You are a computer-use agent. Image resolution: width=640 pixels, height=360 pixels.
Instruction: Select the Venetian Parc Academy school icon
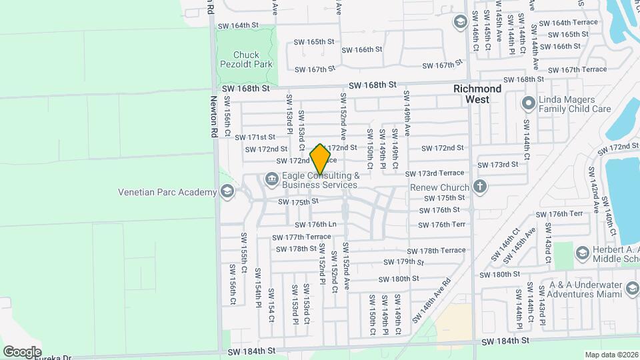pyautogui.click(x=227, y=193)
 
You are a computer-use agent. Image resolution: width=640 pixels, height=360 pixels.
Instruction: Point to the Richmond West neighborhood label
pyautogui.click(x=477, y=94)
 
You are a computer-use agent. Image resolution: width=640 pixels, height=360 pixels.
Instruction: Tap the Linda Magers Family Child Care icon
pyautogui.click(x=529, y=103)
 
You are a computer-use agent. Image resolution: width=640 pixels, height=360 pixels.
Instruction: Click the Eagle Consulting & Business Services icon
pyautogui.click(x=271, y=178)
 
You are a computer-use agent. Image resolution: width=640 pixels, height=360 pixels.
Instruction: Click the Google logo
pyautogui.click(x=22, y=352)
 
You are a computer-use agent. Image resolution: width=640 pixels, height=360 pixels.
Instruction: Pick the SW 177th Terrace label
pyautogui.click(x=299, y=237)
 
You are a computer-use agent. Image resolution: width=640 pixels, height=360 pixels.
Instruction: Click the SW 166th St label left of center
pyautogui.click(x=361, y=49)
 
